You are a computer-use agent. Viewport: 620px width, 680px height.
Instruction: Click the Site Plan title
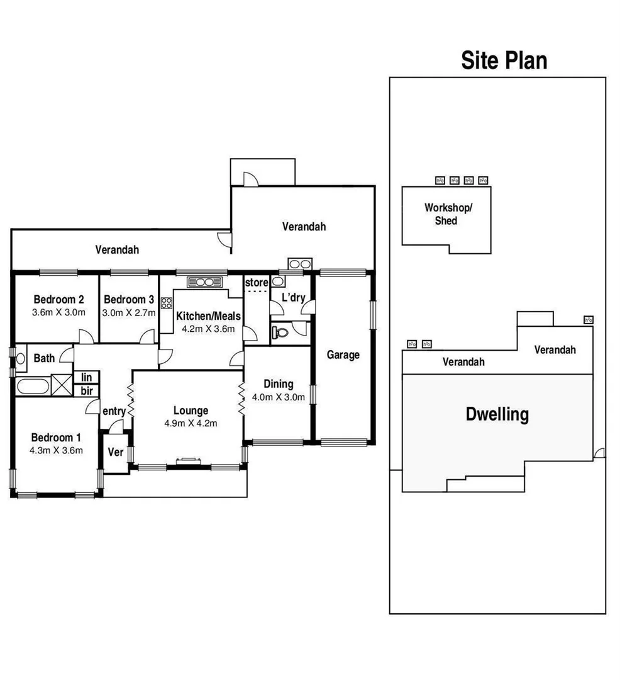pos(504,60)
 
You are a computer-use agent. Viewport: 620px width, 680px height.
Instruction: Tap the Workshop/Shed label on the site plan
pos(446,214)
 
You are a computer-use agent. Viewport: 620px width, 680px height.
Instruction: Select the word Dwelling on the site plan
pos(497,415)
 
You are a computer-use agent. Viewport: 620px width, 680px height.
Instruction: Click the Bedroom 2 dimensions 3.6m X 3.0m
pos(58,312)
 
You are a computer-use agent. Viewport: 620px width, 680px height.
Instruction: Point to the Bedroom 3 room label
pos(128,300)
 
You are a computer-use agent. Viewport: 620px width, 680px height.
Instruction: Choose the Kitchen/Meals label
pos(208,316)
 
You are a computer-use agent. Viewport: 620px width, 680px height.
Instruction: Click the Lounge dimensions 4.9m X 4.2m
pos(191,423)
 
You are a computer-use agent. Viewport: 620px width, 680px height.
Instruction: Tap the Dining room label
pos(278,384)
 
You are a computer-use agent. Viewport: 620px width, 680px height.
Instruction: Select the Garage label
pos(343,354)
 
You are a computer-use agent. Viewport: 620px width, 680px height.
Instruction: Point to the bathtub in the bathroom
pos(32,385)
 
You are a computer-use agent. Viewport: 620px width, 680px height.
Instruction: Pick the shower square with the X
pos(61,384)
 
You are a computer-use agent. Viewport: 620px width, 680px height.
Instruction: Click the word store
pos(256,282)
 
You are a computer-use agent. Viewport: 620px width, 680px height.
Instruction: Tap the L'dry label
pos(292,297)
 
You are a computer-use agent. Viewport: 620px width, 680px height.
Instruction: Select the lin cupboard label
pos(86,377)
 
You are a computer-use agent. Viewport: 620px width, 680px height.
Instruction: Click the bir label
pos(86,390)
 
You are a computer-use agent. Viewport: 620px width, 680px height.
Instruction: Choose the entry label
pos(114,411)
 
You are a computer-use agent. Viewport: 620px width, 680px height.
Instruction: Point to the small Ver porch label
pos(115,452)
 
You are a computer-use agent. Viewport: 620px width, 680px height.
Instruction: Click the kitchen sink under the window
pos(205,281)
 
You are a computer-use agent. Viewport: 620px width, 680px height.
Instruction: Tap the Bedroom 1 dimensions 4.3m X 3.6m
pos(57,450)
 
